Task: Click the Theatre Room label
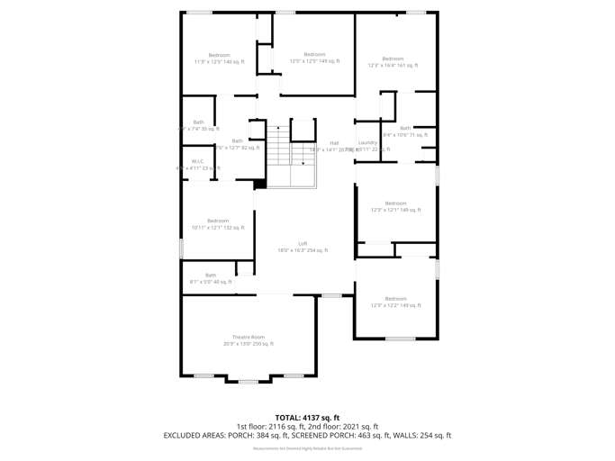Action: (x=249, y=339)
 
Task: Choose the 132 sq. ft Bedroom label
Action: (x=218, y=224)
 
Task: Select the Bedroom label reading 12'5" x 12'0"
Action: (x=314, y=58)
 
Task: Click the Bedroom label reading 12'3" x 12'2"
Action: (x=395, y=302)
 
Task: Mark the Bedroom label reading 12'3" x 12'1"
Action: (x=395, y=206)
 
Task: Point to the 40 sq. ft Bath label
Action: (x=211, y=278)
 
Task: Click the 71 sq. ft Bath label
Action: (x=405, y=131)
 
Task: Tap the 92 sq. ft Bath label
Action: (x=237, y=144)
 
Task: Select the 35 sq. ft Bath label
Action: (x=198, y=125)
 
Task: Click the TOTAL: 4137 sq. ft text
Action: (x=307, y=417)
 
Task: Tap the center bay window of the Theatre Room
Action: (x=249, y=382)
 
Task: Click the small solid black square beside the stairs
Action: (x=260, y=185)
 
